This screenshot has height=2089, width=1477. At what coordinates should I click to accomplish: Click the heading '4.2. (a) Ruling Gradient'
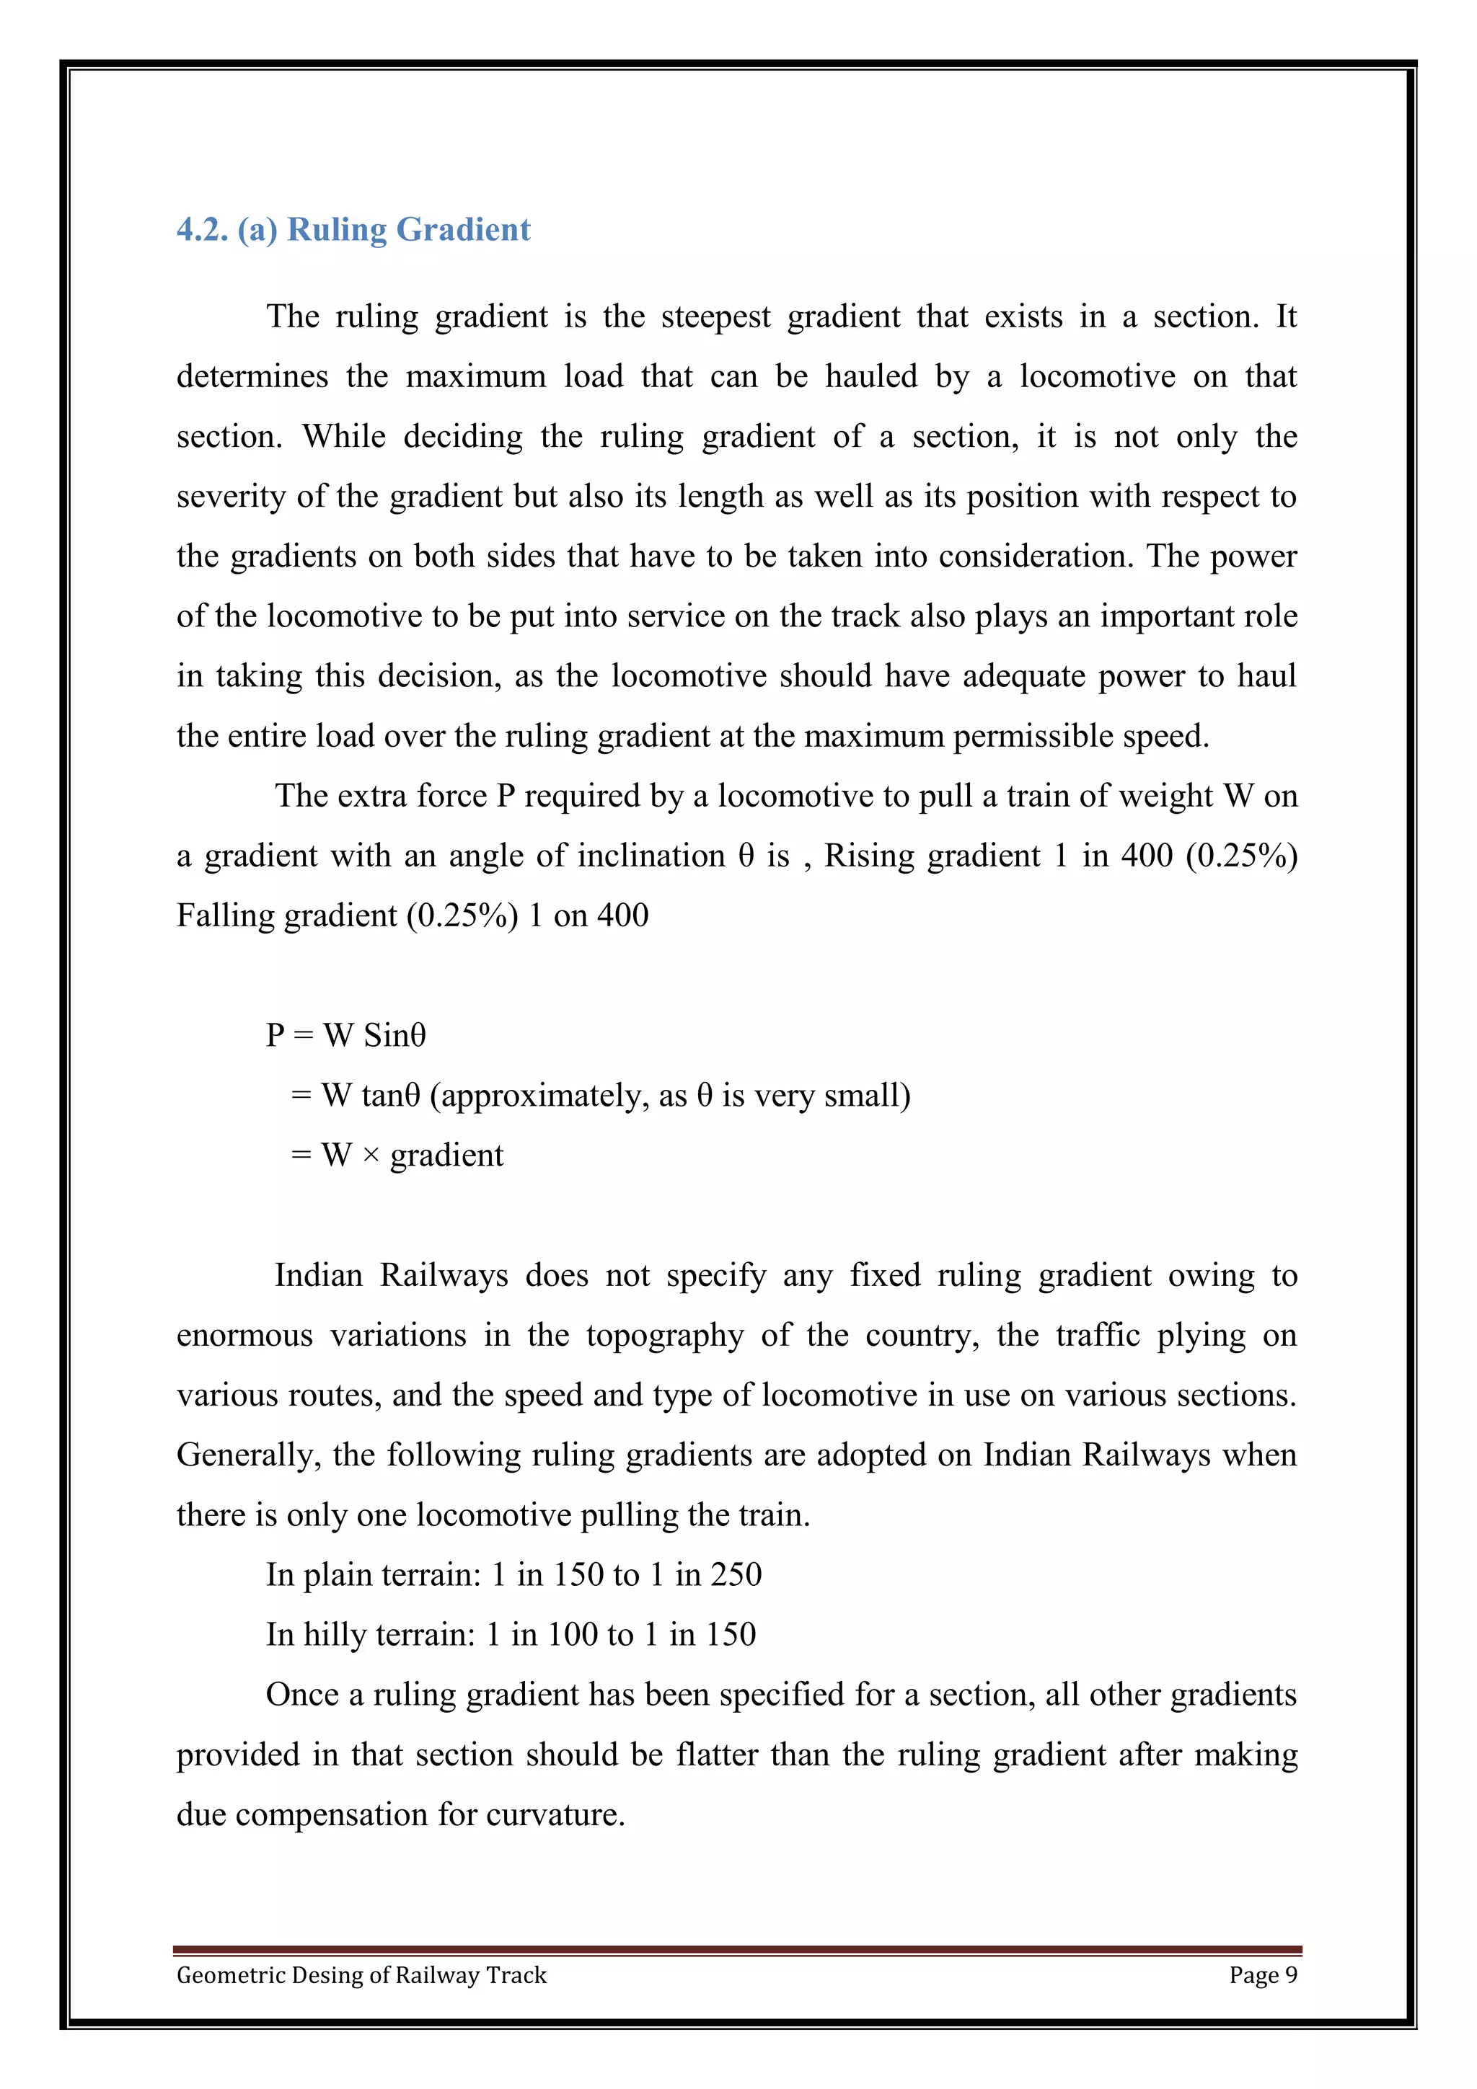tap(353, 229)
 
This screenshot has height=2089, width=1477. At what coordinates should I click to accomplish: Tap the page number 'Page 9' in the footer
tap(1262, 1974)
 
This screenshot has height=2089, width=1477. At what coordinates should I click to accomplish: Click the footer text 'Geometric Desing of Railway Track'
tap(361, 1974)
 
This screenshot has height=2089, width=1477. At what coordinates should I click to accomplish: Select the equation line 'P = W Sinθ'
tap(346, 1035)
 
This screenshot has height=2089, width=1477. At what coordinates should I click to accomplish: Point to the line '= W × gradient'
tap(397, 1156)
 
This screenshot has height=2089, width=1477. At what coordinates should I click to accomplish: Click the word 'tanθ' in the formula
tap(390, 1096)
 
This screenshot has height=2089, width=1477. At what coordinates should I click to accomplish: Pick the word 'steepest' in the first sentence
tap(715, 316)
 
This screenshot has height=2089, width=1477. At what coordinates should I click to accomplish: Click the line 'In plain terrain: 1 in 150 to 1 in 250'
tap(513, 1575)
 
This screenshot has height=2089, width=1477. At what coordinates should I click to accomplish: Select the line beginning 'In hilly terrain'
tap(511, 1635)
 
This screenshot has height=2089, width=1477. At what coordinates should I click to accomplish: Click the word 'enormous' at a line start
tap(244, 1336)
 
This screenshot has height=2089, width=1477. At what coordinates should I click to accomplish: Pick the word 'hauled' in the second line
tap(871, 377)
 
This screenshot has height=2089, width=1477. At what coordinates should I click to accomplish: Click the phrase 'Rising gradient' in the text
tap(932, 856)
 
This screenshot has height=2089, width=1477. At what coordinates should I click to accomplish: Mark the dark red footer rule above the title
tap(737, 1950)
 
